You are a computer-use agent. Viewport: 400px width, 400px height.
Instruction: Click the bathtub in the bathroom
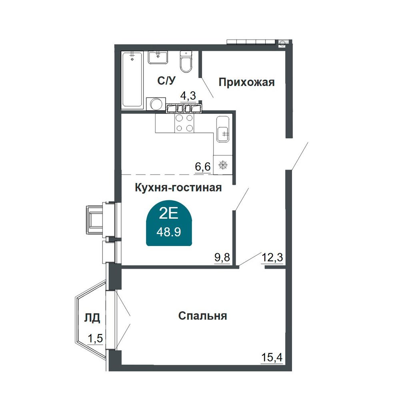[132, 79]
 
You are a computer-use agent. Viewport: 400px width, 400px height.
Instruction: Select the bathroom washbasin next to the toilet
[158, 57]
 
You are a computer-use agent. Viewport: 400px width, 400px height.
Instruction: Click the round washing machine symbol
[156, 104]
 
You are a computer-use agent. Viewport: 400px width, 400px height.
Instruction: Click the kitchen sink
[223, 129]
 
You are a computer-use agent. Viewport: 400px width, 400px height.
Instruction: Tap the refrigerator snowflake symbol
[223, 165]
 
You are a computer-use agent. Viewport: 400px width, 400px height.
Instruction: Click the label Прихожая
[246, 82]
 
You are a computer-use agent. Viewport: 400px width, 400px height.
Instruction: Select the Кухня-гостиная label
[178, 188]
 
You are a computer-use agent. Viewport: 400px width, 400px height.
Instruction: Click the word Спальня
[202, 316]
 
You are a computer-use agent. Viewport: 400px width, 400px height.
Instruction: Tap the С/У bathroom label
[166, 81]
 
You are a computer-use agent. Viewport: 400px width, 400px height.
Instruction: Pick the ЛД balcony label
[92, 318]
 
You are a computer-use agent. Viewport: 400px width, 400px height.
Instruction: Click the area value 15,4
[272, 358]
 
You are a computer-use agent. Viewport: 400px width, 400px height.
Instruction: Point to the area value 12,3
[272, 258]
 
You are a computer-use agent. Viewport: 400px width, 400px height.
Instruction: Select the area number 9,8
[222, 258]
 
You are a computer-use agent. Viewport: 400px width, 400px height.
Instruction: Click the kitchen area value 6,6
[203, 167]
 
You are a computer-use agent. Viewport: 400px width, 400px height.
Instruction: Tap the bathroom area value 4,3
[188, 96]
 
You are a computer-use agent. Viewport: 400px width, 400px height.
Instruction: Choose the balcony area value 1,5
[95, 338]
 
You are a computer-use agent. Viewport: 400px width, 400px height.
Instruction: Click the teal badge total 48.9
[169, 232]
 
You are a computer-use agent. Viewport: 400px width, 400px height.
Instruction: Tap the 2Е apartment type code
[168, 214]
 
